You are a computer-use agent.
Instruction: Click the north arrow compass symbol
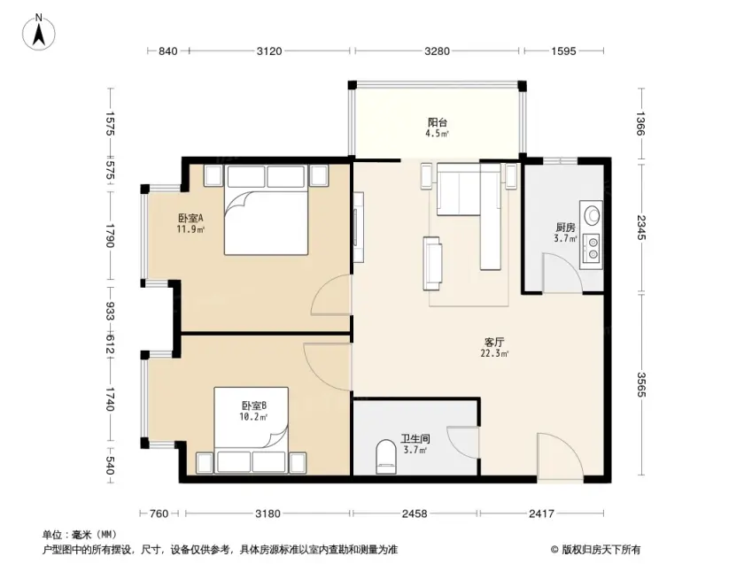coord(39,32)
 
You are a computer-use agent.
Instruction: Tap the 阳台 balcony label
coord(438,122)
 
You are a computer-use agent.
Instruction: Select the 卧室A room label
coord(190,218)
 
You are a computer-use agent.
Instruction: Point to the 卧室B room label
coord(253,406)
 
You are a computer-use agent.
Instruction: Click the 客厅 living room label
coord(494,343)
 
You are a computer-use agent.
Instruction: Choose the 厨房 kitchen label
coord(565,228)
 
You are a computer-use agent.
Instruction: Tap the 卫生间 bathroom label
coord(415,439)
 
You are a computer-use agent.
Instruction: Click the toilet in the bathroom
coord(386,456)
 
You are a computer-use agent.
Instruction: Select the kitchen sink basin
coord(593,214)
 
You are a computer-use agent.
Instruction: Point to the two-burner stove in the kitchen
coord(593,249)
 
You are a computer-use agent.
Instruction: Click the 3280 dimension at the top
coord(437,50)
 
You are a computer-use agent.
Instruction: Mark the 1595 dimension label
coord(563,50)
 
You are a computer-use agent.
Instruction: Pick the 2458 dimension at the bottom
coord(415,514)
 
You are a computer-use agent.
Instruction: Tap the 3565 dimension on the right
coord(641,384)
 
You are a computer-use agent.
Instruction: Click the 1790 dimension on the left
coord(110,236)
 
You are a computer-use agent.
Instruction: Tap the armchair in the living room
coord(432,263)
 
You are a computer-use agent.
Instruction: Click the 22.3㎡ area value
coord(494,354)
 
